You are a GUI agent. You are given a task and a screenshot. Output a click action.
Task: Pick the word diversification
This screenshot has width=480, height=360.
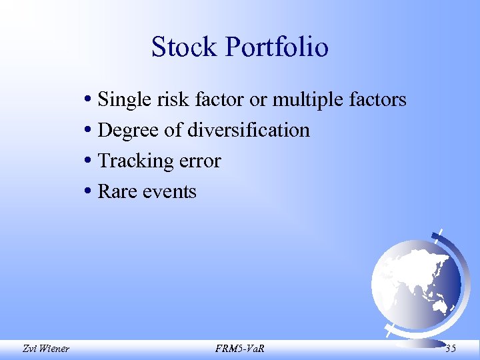click(248, 130)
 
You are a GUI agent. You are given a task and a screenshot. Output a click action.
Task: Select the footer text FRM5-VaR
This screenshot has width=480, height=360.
click(240, 347)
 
